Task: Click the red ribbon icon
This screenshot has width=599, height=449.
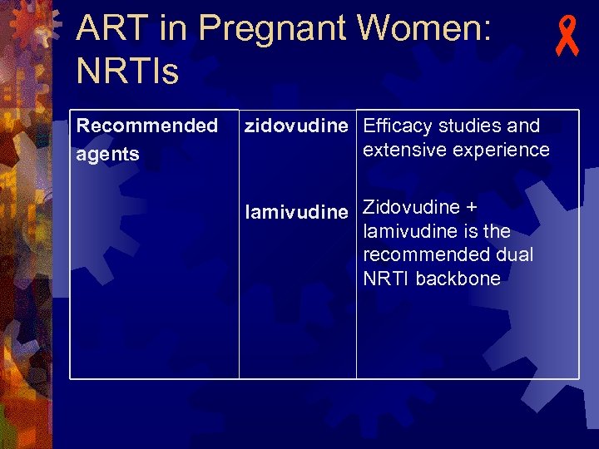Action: click(x=567, y=39)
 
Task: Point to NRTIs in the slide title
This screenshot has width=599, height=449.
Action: click(x=126, y=72)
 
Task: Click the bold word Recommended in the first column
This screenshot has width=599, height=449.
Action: click(x=146, y=126)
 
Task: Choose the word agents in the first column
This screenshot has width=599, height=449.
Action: click(x=107, y=155)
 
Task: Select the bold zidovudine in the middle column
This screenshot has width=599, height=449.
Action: click(x=295, y=126)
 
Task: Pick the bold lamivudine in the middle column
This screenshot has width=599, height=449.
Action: click(x=296, y=213)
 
